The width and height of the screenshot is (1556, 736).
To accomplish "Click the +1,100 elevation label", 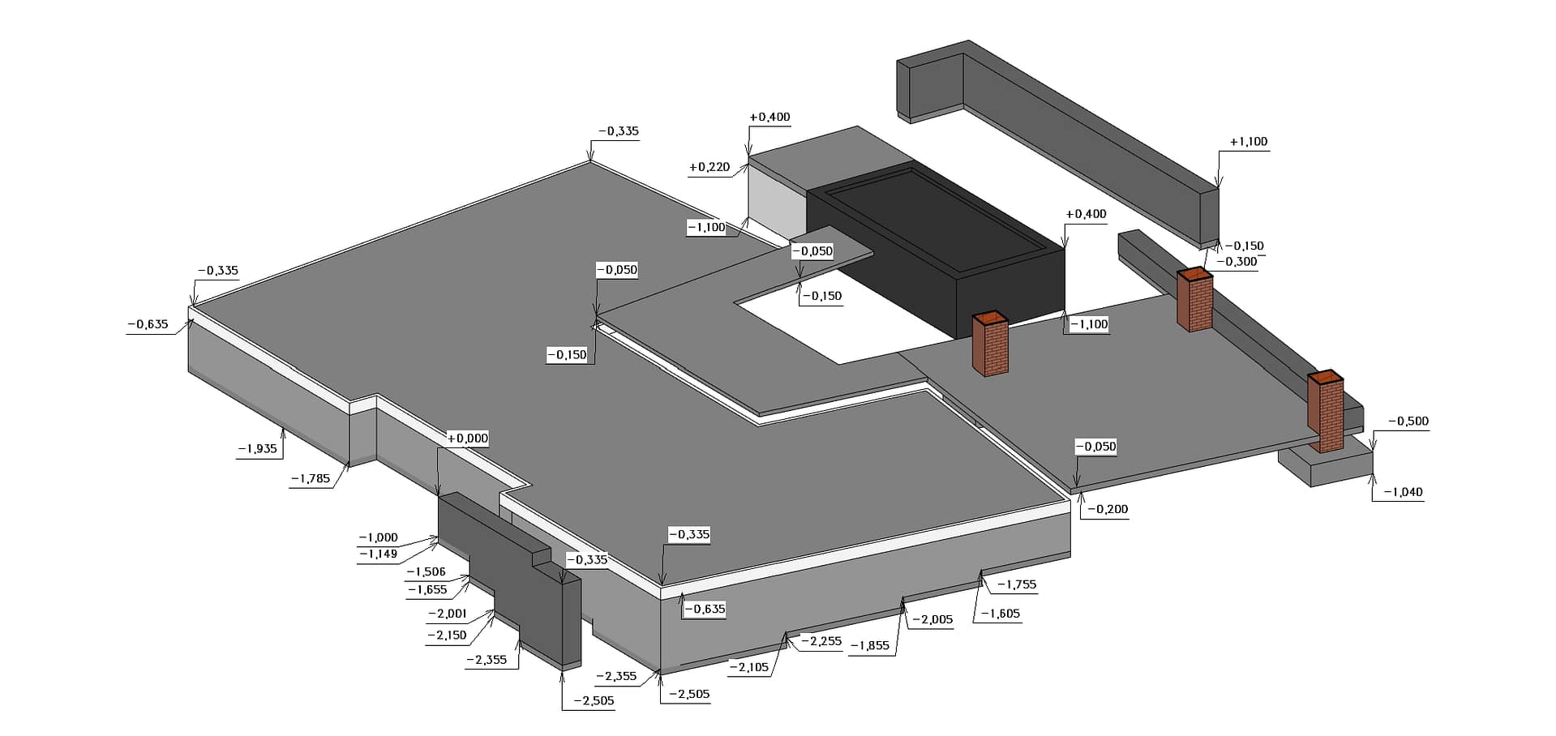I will pyautogui.click(x=1248, y=142).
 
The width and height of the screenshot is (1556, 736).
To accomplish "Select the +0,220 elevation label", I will pyautogui.click(x=709, y=167).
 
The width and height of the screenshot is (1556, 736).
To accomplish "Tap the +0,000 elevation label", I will pyautogui.click(x=468, y=439).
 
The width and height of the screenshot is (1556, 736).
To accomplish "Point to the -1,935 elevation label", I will pyautogui.click(x=257, y=448).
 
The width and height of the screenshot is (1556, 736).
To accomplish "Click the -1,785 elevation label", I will pyautogui.click(x=311, y=478).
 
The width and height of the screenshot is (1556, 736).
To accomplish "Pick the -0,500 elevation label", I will pyautogui.click(x=1408, y=421).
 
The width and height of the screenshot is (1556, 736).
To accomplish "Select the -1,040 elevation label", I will pyautogui.click(x=1403, y=492).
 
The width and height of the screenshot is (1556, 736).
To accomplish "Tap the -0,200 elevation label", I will pyautogui.click(x=1107, y=509).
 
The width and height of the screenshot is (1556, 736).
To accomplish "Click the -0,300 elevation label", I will pyautogui.click(x=1237, y=262).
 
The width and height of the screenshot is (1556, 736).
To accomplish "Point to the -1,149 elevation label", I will pyautogui.click(x=379, y=554).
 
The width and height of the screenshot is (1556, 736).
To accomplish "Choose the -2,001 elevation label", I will pyautogui.click(x=447, y=614).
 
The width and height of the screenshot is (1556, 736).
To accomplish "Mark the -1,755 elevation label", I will pyautogui.click(x=1016, y=584).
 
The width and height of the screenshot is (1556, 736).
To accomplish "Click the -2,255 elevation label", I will pyautogui.click(x=821, y=641).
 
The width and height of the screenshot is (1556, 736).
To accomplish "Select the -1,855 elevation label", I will pyautogui.click(x=869, y=646).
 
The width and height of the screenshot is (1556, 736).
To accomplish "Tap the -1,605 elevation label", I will pyautogui.click(x=1000, y=614).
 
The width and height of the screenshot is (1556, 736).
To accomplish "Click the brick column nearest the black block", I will pyautogui.click(x=990, y=344).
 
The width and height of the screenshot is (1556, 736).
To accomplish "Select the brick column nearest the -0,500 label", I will pyautogui.click(x=1326, y=412).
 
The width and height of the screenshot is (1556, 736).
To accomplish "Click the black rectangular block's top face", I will pyautogui.click(x=932, y=215).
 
